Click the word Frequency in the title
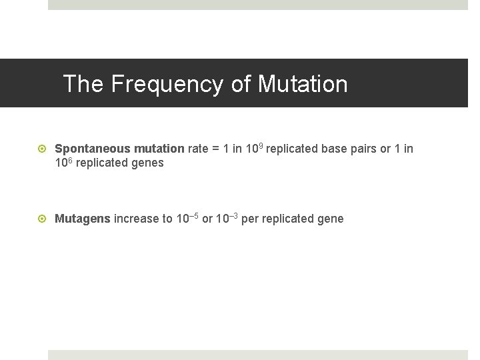[x=167, y=85]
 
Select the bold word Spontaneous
[x=89, y=149]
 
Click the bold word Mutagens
[x=83, y=219]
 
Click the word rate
[x=198, y=149]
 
